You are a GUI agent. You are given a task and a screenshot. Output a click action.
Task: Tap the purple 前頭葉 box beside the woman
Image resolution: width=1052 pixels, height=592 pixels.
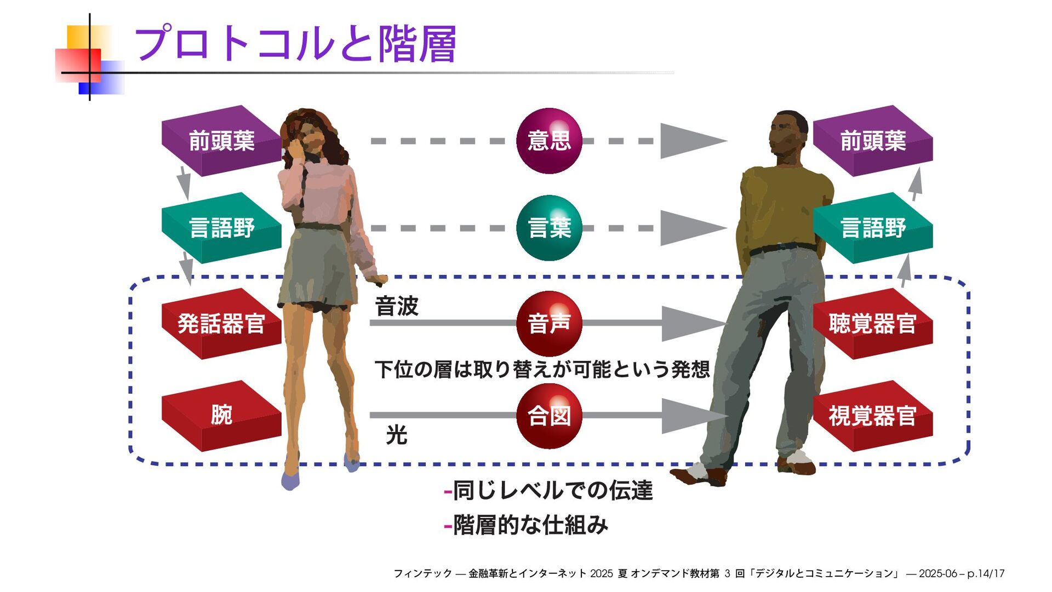pos(221,141)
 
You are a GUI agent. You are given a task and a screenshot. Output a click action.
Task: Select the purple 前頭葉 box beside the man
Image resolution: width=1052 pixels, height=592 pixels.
pos(873,141)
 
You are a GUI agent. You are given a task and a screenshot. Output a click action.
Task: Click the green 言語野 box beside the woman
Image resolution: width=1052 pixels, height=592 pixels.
pos(221,228)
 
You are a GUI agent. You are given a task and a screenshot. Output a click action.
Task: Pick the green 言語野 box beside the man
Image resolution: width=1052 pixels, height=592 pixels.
pos(873,228)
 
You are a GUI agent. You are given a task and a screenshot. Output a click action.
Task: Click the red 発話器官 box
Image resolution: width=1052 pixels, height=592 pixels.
pos(221,324)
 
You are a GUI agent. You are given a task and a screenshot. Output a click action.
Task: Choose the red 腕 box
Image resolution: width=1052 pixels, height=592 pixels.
pos(221,415)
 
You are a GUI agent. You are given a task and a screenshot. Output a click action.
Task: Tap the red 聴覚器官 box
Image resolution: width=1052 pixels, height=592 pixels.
pos(873,324)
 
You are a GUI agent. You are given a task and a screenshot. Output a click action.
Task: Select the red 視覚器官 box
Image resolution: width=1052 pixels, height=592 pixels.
pos(873,416)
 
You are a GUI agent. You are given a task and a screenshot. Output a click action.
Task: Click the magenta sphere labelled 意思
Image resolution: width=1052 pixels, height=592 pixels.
pos(549,141)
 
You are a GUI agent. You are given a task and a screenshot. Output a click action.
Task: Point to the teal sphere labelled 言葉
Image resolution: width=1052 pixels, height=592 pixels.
pos(549,228)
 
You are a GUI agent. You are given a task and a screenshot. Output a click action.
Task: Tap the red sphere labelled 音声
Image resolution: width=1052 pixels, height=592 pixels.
pos(549,324)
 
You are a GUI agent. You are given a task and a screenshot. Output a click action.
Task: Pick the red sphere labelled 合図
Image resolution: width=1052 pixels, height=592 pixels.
pos(549,416)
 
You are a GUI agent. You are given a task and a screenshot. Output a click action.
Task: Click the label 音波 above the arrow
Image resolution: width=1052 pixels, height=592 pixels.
pos(397,306)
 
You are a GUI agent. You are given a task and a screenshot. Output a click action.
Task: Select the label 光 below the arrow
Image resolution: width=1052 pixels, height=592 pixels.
pos(397,435)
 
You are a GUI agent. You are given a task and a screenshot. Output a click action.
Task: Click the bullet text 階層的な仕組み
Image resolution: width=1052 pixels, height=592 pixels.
pos(530,525)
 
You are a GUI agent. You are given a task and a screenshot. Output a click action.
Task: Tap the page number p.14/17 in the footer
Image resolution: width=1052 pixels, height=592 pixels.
pos(986,573)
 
